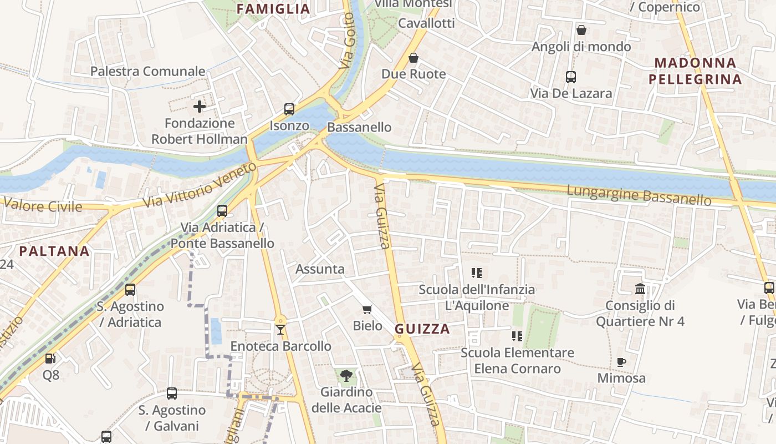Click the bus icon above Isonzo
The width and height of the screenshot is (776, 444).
tap(289, 109)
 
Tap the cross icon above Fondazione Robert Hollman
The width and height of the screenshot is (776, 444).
tap(200, 106)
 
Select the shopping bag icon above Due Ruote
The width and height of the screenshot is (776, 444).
tap(413, 58)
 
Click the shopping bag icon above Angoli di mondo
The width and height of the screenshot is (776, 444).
tap(581, 30)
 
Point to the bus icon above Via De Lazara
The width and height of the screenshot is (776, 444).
tap(571, 77)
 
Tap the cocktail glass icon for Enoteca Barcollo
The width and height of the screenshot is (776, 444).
tap(280, 330)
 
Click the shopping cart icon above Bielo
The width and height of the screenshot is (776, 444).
tap(367, 309)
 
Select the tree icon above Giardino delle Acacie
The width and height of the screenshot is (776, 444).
tap(346, 376)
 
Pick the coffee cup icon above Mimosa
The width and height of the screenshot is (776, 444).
tap(621, 362)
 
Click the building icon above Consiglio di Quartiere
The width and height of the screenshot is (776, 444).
tap(640, 289)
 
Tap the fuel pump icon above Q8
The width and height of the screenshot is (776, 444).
tap(50, 359)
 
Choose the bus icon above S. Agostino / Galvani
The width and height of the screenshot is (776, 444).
tap(172, 393)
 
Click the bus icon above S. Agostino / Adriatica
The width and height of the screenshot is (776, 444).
tap(130, 290)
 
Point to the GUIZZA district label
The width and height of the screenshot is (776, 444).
tap(422, 329)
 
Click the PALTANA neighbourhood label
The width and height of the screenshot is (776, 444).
tap(54, 251)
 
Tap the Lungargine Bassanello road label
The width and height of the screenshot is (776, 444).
tap(639, 195)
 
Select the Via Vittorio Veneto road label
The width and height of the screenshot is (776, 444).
tap(200, 185)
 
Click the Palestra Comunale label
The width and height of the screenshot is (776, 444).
tap(148, 71)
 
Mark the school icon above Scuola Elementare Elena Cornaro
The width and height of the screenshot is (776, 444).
tap(517, 336)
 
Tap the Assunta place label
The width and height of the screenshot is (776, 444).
tap(320, 269)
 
